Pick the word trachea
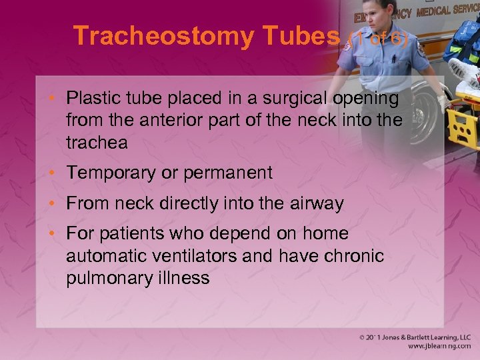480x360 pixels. (97, 142)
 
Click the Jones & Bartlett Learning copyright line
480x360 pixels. (413, 337)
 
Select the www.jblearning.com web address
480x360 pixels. (440, 347)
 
